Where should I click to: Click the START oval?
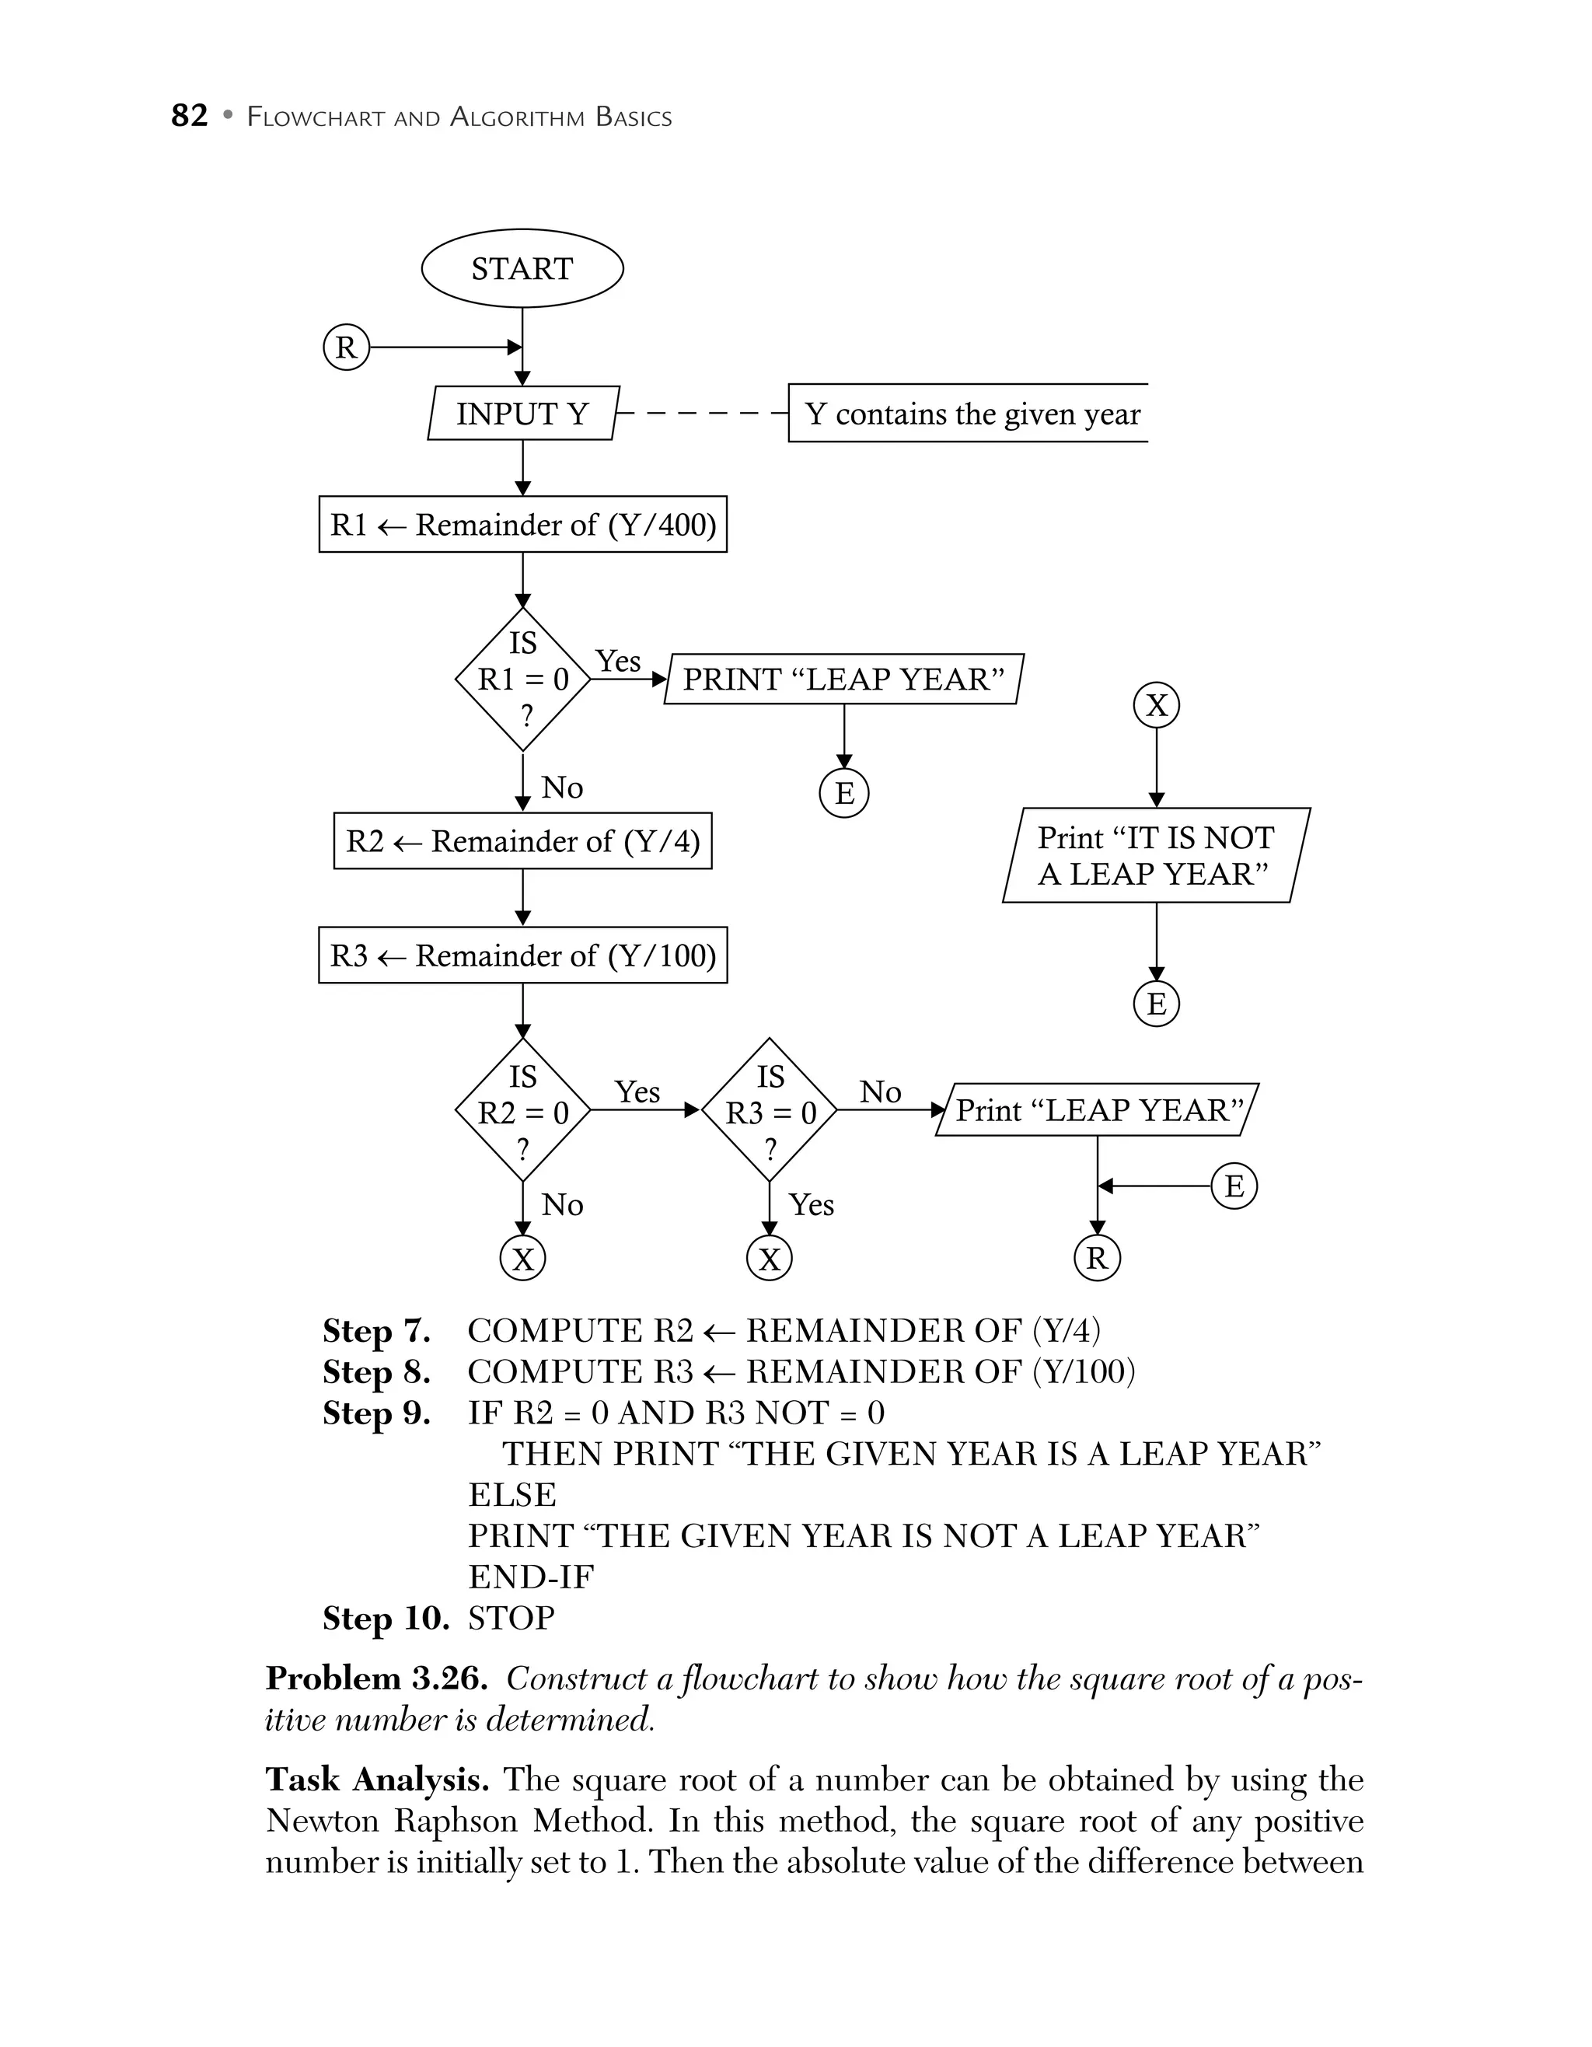(x=522, y=269)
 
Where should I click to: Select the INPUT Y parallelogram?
(x=522, y=414)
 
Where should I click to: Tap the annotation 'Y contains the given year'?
(x=971, y=414)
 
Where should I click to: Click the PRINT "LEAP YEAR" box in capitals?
(x=843, y=679)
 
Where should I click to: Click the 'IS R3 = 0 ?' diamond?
(x=770, y=1111)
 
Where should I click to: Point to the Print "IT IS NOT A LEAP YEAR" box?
(x=1155, y=856)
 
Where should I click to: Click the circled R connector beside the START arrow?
(x=346, y=348)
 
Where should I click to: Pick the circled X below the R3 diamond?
(x=770, y=1259)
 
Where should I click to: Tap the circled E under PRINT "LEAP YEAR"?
(x=843, y=793)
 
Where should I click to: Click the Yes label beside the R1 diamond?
(x=617, y=661)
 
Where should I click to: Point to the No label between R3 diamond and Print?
(x=880, y=1092)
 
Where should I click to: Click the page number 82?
(x=189, y=116)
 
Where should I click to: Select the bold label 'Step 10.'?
(x=385, y=1619)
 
